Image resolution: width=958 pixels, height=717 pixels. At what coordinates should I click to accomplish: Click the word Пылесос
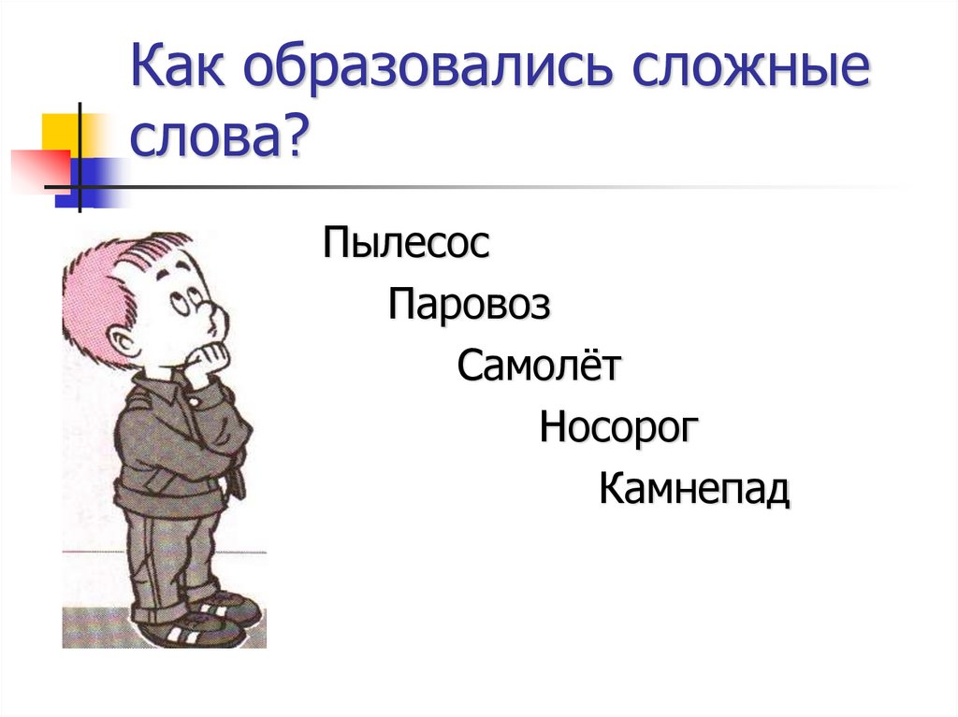pos(406,245)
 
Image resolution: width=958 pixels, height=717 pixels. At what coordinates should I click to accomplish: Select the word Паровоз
pos(470,305)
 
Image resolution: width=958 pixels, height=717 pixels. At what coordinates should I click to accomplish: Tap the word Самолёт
pos(538,366)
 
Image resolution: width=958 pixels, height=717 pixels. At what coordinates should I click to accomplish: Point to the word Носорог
pos(619,427)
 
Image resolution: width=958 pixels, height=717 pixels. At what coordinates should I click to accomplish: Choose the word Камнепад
pos(694,488)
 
